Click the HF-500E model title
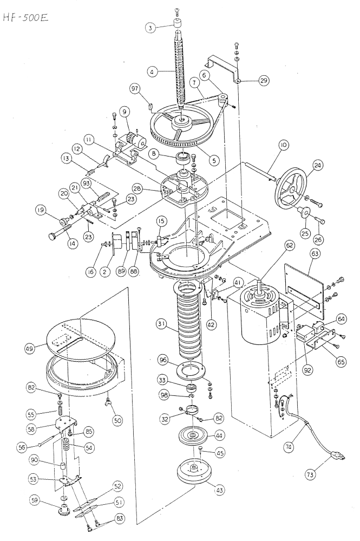click(x=25, y=17)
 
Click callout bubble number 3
click(x=150, y=28)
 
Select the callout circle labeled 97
click(x=135, y=89)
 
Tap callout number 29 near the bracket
click(x=264, y=81)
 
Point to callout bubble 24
click(x=317, y=165)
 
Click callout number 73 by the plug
click(x=310, y=475)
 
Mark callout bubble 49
click(x=30, y=348)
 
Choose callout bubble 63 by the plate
click(x=315, y=255)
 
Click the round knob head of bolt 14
click(x=51, y=237)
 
